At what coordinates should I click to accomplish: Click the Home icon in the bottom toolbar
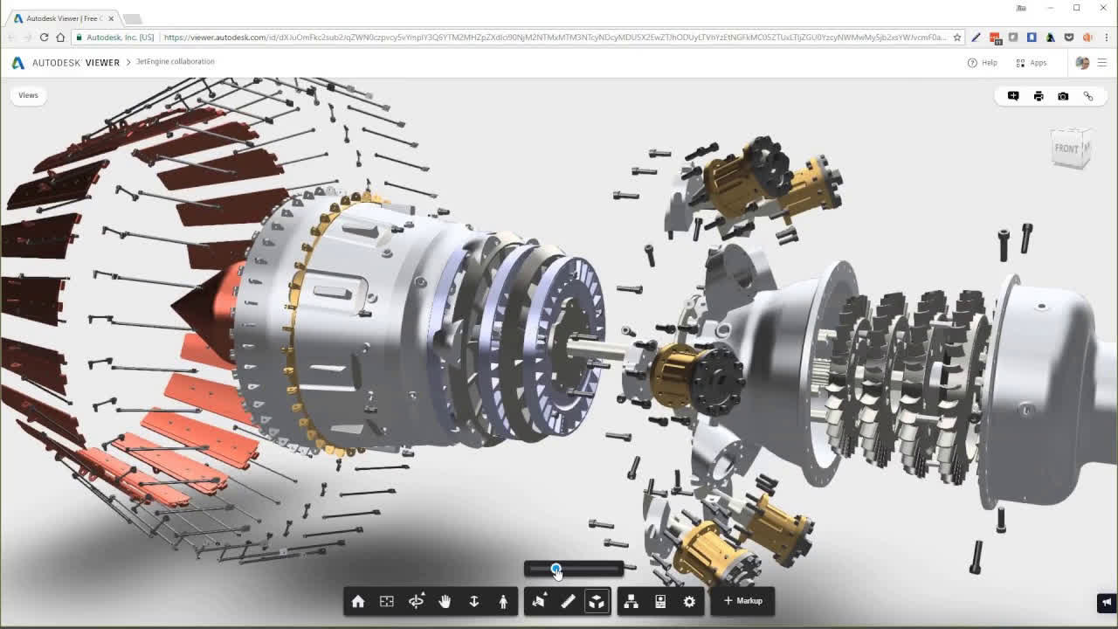pyautogui.click(x=358, y=601)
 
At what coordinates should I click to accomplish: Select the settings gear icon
pyautogui.click(x=689, y=601)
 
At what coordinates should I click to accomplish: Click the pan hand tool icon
pyautogui.click(x=445, y=601)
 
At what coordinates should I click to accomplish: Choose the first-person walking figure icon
pyautogui.click(x=503, y=601)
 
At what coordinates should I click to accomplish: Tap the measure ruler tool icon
pyautogui.click(x=568, y=601)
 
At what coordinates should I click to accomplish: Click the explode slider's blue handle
pyautogui.click(x=556, y=569)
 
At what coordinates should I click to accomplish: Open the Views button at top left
pyautogui.click(x=28, y=95)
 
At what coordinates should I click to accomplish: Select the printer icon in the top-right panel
pyautogui.click(x=1039, y=96)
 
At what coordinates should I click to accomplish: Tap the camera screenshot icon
pyautogui.click(x=1063, y=96)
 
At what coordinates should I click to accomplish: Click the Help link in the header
pyautogui.click(x=983, y=63)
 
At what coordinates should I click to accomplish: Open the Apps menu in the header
pyautogui.click(x=1032, y=63)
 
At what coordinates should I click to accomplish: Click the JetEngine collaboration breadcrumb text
pyautogui.click(x=175, y=62)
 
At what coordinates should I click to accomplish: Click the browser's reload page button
pyautogui.click(x=44, y=38)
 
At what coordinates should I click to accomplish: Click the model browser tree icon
pyautogui.click(x=631, y=601)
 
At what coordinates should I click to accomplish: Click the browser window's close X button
pyautogui.click(x=1103, y=8)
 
